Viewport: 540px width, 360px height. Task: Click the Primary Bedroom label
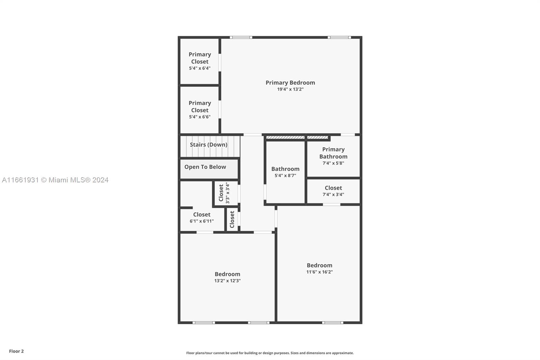(290, 83)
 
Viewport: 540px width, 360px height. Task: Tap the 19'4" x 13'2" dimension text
(290, 89)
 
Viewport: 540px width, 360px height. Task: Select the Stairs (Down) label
(209, 145)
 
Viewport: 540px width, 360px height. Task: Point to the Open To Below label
(205, 167)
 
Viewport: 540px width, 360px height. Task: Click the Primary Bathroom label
(333, 153)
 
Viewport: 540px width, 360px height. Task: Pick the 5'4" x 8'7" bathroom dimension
(285, 176)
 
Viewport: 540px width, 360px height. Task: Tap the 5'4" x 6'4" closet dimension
(200, 68)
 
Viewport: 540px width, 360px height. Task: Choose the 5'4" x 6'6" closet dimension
(200, 117)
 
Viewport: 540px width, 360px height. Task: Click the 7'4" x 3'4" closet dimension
(333, 195)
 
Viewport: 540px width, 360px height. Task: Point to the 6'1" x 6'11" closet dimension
(202, 221)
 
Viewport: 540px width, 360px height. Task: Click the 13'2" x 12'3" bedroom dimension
(227, 281)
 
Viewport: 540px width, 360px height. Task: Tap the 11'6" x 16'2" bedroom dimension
(320, 272)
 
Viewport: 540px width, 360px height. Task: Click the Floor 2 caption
(16, 351)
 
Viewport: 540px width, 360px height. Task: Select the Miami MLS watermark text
(55, 180)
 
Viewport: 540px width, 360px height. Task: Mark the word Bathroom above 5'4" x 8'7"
(285, 169)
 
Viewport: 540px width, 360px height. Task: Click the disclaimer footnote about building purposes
(270, 353)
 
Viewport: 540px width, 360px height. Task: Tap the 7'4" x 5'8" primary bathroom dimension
(333, 163)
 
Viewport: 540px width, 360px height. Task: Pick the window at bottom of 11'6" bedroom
(332, 323)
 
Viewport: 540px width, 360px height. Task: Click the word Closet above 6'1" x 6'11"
(202, 214)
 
